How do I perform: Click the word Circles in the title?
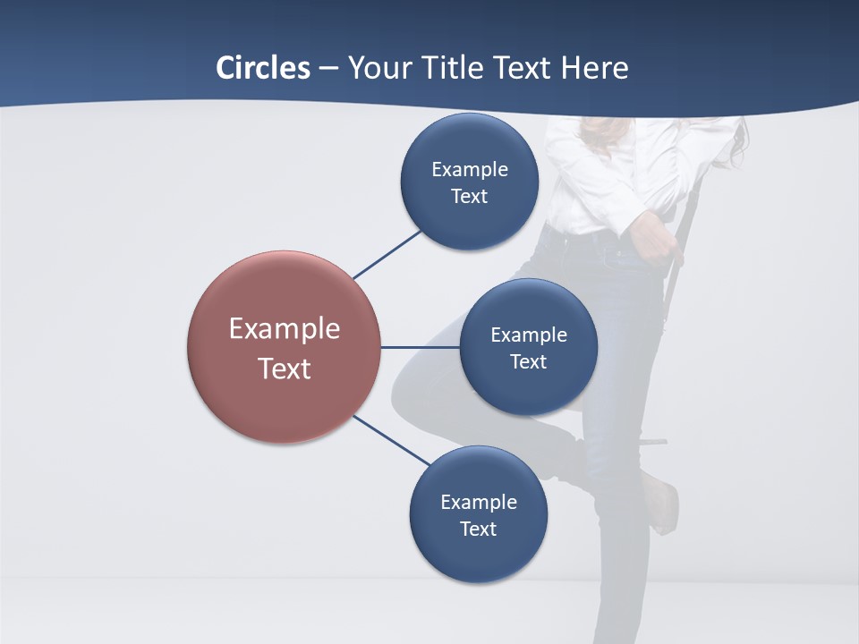click(x=262, y=68)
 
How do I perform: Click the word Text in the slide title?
click(x=521, y=68)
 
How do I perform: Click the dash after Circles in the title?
click(x=328, y=69)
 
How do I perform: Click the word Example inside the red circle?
click(x=285, y=329)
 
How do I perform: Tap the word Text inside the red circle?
click(x=285, y=369)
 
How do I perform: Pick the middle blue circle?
click(x=529, y=389)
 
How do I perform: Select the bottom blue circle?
click(x=478, y=555)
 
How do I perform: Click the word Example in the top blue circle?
click(x=469, y=170)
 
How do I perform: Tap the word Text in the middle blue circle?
click(x=529, y=362)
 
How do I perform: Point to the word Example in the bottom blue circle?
click(x=478, y=503)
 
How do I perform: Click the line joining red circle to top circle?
click(x=387, y=255)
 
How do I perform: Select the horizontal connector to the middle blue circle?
click(x=420, y=347)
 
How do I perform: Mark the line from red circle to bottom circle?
click(x=392, y=440)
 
